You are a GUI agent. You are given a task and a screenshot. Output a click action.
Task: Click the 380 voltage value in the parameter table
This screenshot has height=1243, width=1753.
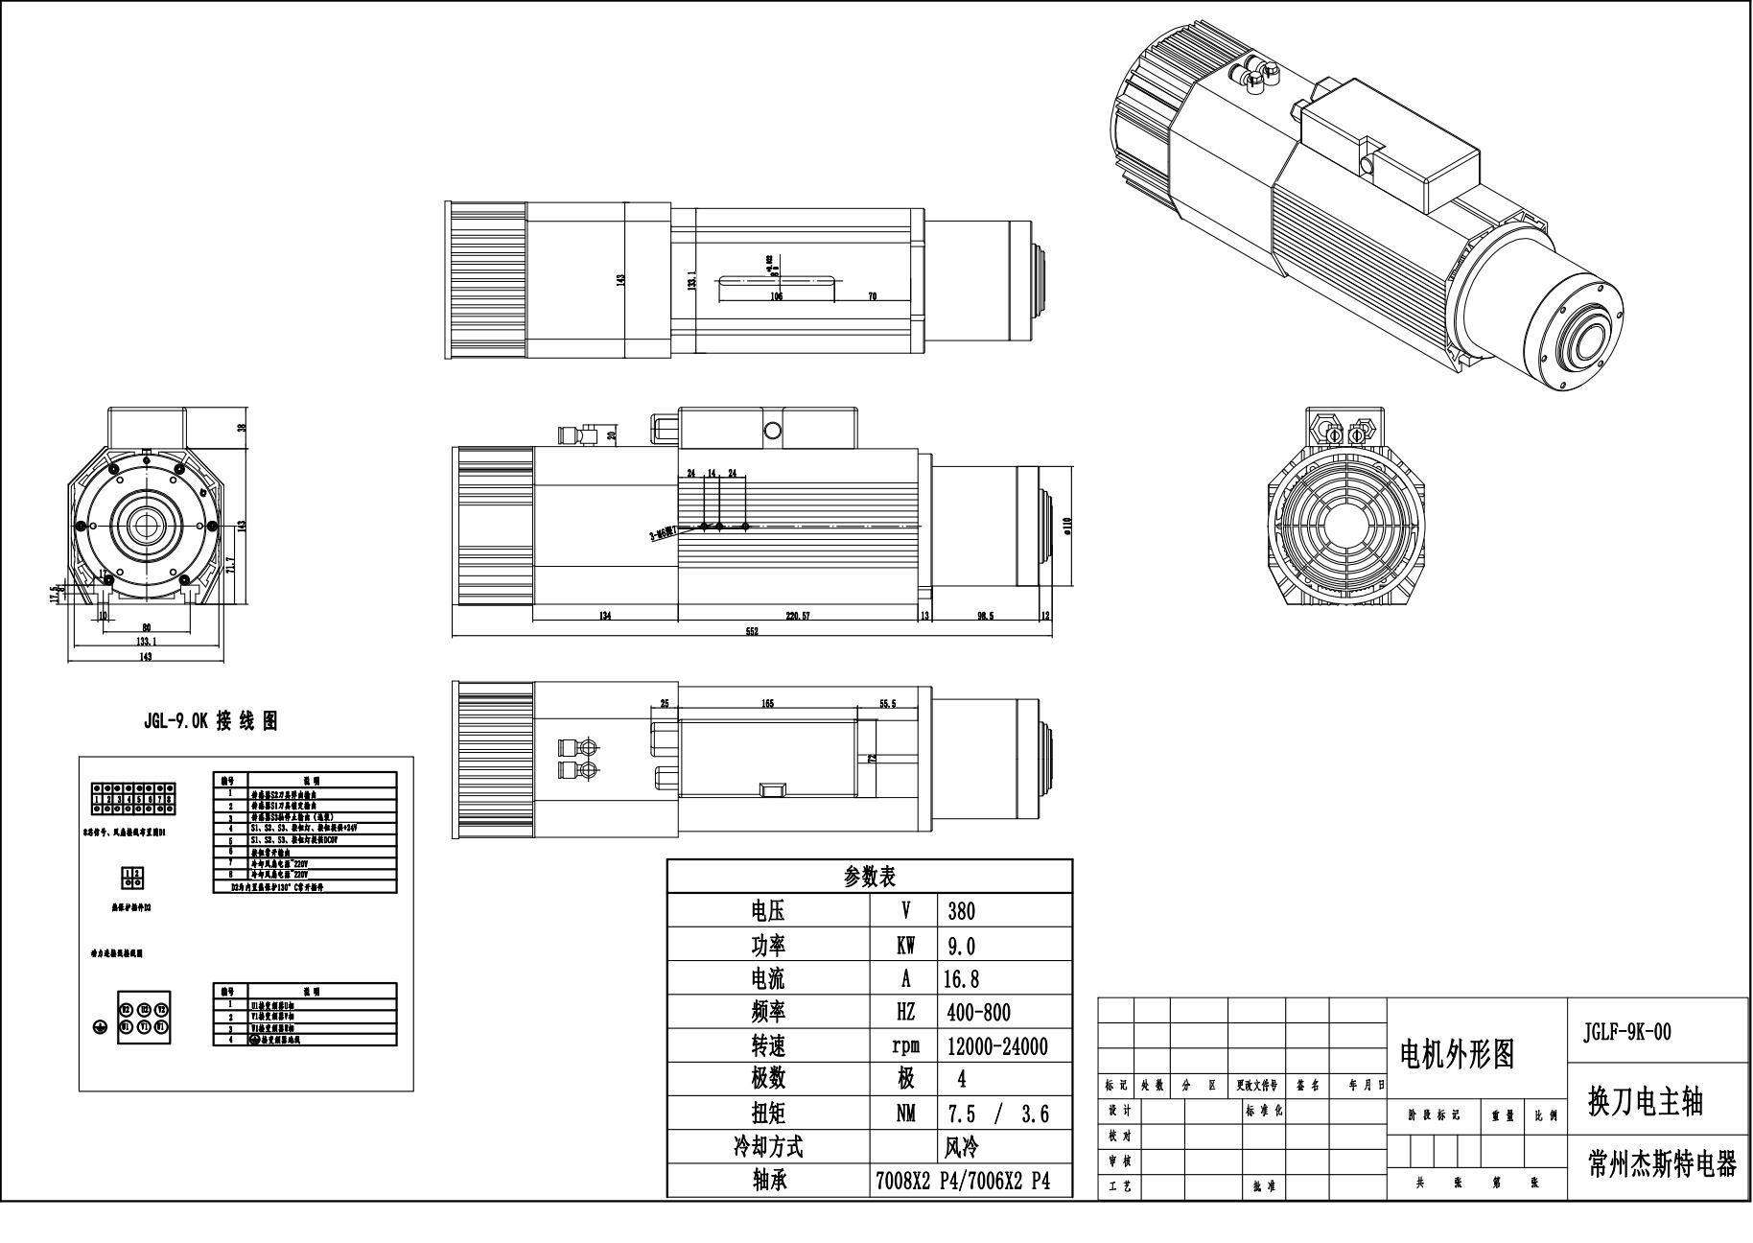coord(961,910)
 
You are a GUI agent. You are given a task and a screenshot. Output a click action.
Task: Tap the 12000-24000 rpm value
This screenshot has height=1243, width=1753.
coord(997,1046)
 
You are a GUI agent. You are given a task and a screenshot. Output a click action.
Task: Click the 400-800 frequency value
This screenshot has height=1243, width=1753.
coord(978,1013)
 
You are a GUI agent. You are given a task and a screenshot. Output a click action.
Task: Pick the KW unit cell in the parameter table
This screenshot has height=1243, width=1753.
coord(904,946)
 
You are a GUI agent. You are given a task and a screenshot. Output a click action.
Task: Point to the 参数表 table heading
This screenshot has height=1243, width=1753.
coord(869,876)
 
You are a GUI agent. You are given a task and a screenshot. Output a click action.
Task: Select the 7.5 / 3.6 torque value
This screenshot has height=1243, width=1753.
coord(997,1114)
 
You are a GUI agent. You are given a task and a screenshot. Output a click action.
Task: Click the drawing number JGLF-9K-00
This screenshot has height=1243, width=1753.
coord(1626,1032)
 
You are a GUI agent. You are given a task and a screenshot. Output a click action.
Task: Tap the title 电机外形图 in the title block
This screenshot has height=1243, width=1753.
coord(1458,1055)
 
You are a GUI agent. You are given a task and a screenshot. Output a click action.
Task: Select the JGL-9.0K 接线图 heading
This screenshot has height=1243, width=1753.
coord(211,722)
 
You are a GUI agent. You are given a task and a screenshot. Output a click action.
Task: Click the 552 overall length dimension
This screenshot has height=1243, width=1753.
coord(752,631)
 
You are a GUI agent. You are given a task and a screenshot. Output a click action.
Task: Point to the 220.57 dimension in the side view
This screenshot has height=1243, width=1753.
coord(797,616)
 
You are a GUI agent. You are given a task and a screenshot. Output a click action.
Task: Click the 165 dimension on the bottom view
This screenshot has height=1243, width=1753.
coord(767,704)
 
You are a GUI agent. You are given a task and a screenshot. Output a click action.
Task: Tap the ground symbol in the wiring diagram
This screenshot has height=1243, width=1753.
coord(99,1027)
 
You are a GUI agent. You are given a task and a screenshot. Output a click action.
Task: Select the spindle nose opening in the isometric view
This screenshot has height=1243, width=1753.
coord(1586,342)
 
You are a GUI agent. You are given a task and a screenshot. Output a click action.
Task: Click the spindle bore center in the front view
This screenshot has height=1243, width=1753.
coord(146,525)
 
